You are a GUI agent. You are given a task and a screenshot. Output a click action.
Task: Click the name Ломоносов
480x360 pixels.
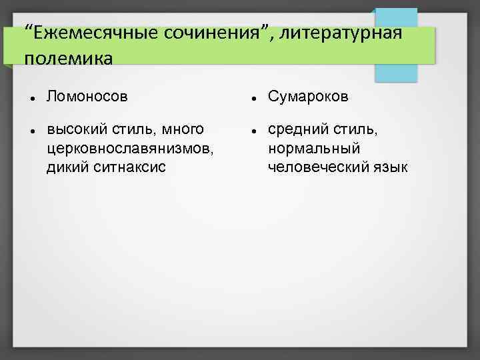coord(87,97)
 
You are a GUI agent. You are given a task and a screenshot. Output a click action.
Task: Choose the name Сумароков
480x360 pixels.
coord(308,97)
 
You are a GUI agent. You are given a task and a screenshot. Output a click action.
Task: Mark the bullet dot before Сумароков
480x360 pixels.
coord(254,99)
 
